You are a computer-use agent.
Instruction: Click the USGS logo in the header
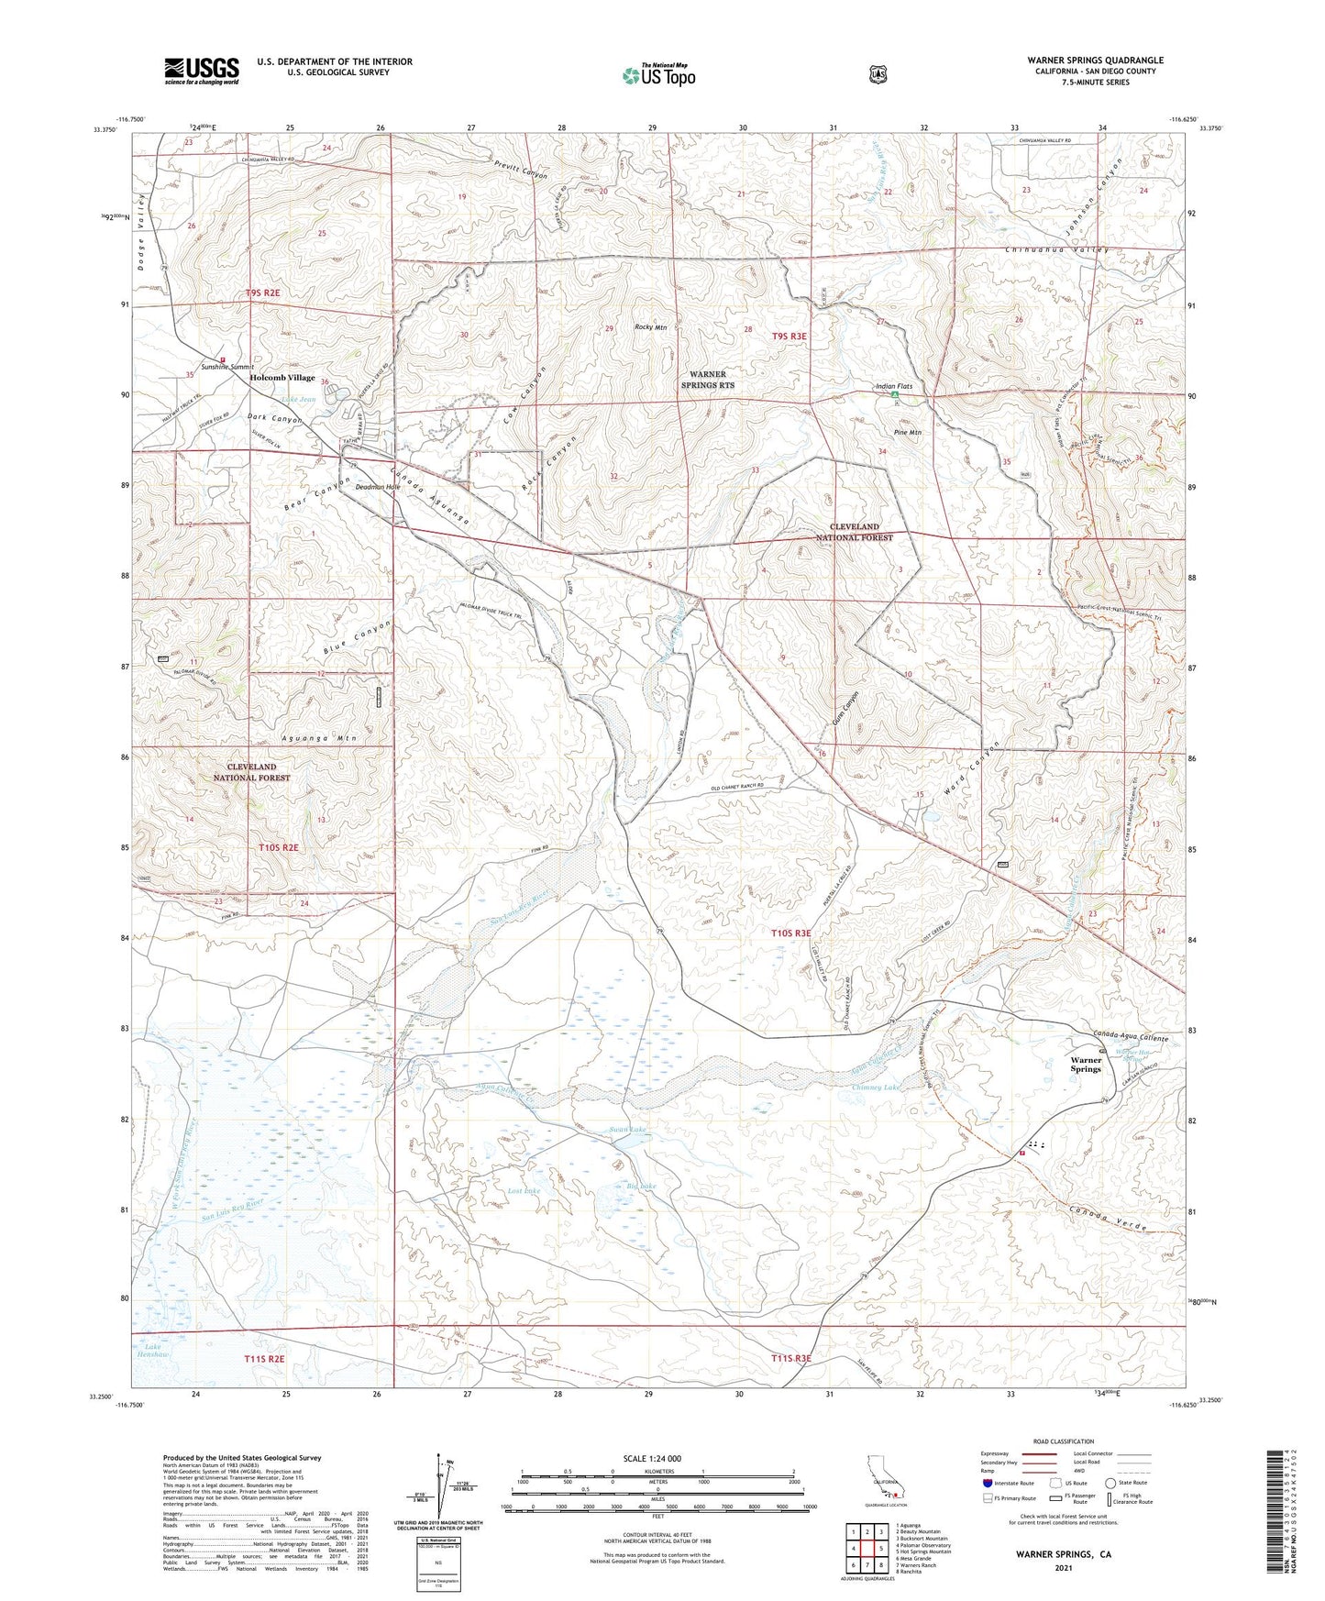(x=202, y=71)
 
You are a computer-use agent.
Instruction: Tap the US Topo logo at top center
(x=657, y=75)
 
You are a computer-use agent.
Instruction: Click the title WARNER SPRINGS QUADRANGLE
(x=1095, y=61)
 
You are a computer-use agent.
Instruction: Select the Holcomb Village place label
(x=282, y=378)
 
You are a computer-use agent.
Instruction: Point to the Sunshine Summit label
(x=227, y=367)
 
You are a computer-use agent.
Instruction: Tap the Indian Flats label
(x=896, y=387)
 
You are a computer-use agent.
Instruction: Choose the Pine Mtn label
(x=907, y=432)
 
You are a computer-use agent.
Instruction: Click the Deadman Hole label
(x=378, y=488)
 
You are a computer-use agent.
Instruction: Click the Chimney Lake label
(x=877, y=1088)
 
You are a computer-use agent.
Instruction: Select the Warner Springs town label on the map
(x=1086, y=1064)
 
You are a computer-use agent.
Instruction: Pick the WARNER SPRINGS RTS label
(x=707, y=380)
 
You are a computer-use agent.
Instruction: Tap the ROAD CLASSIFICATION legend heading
(x=1064, y=1441)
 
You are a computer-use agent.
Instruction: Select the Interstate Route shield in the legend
(x=988, y=1483)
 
